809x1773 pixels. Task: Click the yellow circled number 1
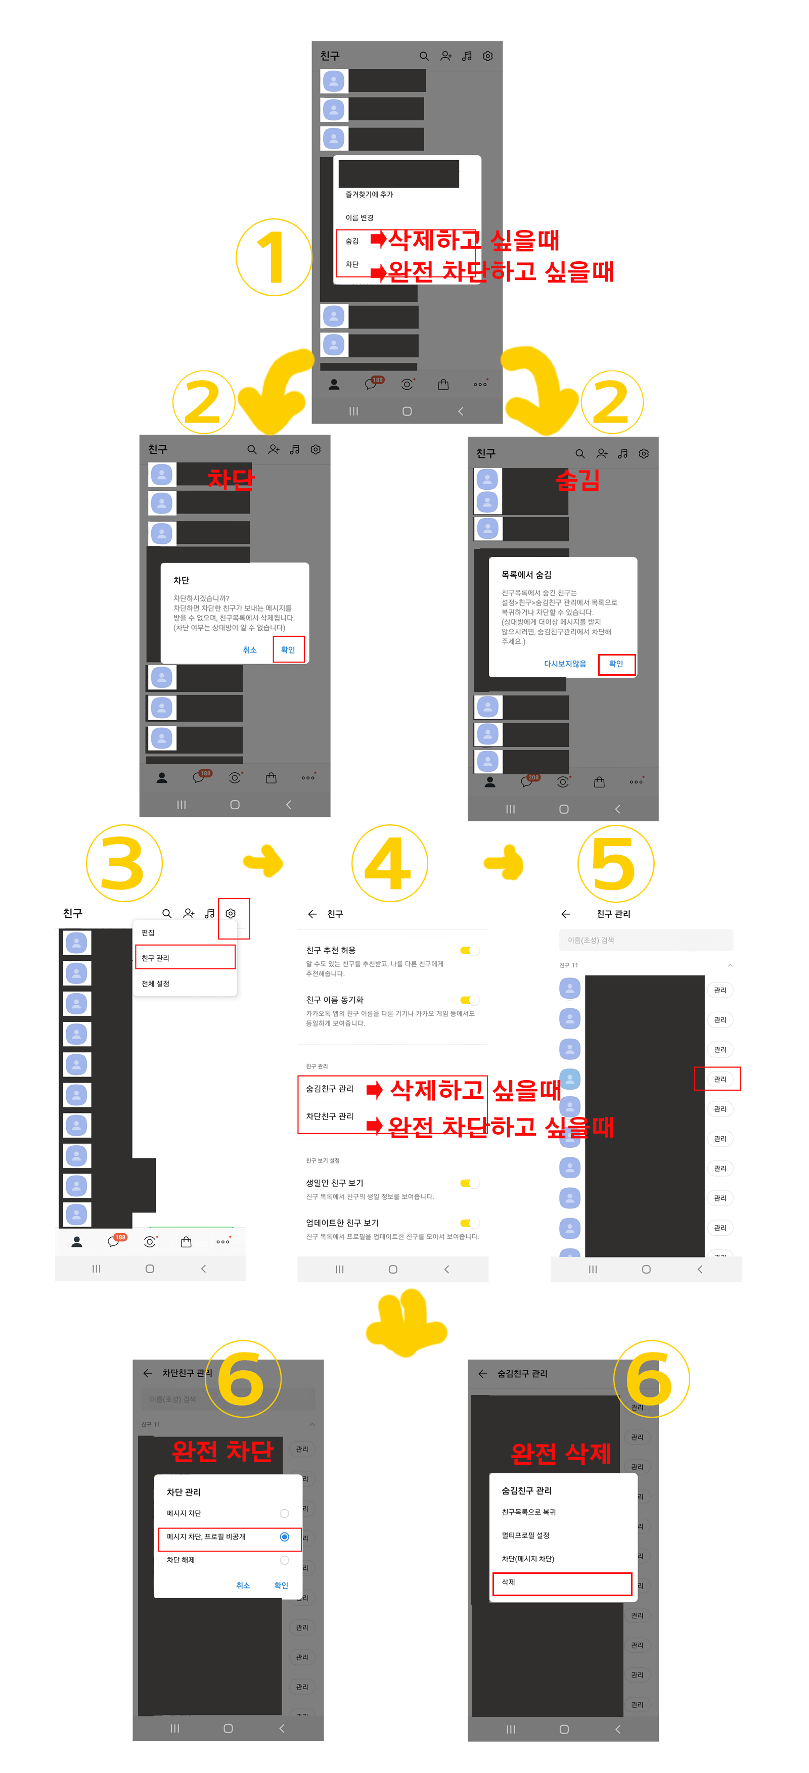(x=274, y=257)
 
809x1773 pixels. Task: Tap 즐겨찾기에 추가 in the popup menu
(x=369, y=195)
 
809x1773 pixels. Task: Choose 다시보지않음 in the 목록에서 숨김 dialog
(x=565, y=664)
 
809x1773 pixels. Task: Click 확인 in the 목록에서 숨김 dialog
(x=615, y=664)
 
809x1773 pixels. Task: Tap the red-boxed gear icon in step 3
(x=232, y=914)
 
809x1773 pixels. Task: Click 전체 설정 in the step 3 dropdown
(x=156, y=984)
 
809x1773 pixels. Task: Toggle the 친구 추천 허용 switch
(x=470, y=951)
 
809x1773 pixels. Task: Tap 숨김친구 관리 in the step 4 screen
(x=330, y=1089)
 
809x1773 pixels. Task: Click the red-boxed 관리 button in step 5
(x=720, y=1079)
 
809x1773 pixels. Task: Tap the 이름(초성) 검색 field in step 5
(x=645, y=940)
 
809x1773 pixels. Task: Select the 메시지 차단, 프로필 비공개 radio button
(x=284, y=1537)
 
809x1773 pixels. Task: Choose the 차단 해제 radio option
(x=284, y=1560)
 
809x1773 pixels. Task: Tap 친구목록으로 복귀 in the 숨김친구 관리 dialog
(x=529, y=1512)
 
